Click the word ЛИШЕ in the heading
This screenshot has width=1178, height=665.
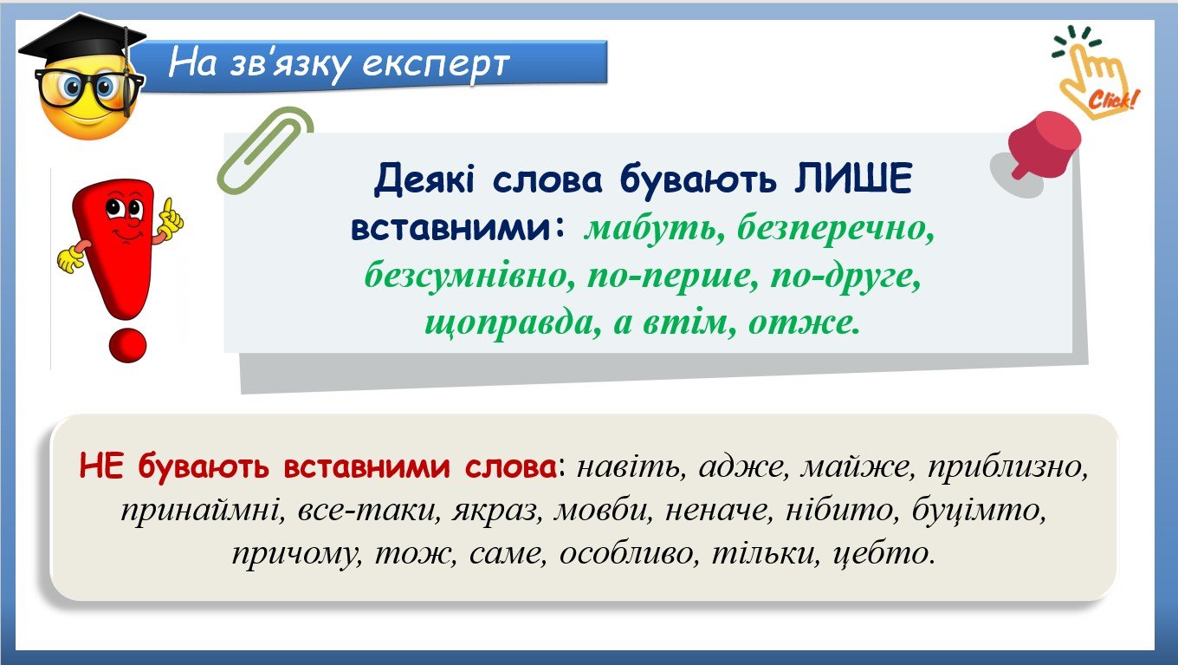tap(853, 179)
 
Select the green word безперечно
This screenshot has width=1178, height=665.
tap(836, 230)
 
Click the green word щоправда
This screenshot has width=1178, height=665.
tap(513, 323)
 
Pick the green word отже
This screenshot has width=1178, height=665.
tap(804, 323)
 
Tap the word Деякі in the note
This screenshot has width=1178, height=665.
tap(424, 179)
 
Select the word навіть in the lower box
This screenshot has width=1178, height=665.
tap(631, 466)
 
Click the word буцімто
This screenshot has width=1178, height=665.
tap(979, 510)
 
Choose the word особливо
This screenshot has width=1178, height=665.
tap(629, 553)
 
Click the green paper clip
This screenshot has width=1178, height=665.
tap(264, 150)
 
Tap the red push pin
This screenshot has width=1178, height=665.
tap(1044, 143)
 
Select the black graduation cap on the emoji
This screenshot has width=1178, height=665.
tap(82, 43)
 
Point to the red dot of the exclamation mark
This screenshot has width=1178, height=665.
tap(127, 346)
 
